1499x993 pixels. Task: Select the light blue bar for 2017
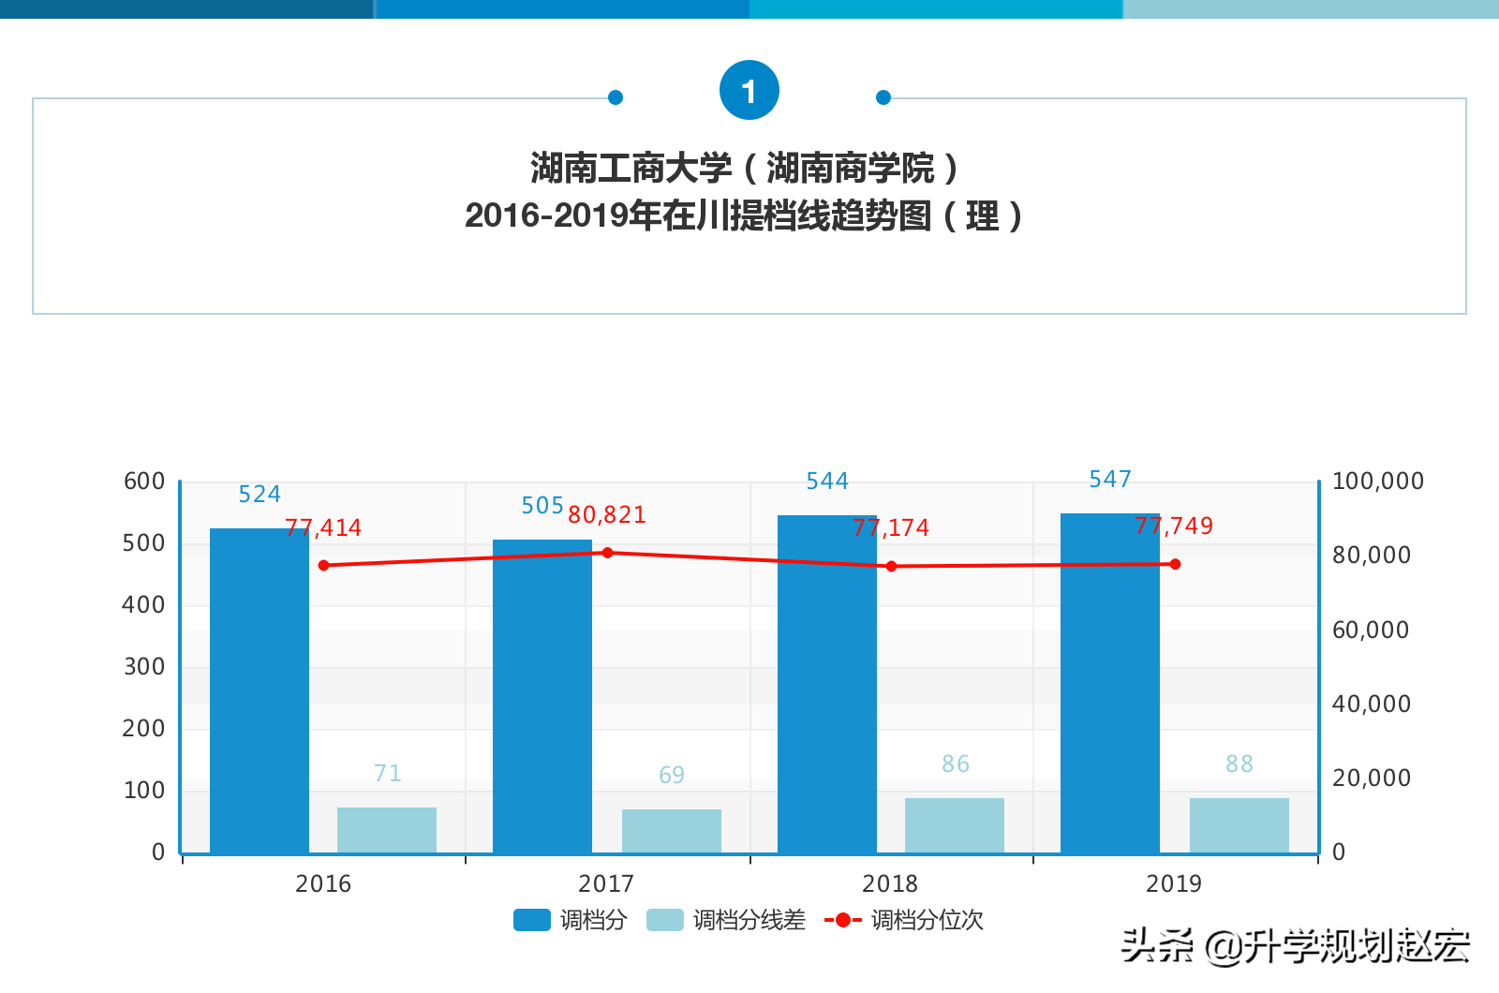click(672, 831)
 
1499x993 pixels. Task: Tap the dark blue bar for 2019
click(1110, 683)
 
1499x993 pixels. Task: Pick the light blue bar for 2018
click(955, 825)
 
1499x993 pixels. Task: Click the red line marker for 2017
click(607, 553)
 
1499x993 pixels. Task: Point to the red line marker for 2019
click(1175, 564)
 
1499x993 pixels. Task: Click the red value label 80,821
click(607, 515)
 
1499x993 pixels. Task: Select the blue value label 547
click(1110, 480)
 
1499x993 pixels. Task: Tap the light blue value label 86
click(956, 764)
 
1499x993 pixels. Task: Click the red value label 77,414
click(323, 528)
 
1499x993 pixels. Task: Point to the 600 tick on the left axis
click(144, 482)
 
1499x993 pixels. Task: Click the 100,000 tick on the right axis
click(1378, 482)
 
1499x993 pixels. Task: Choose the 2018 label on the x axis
click(890, 883)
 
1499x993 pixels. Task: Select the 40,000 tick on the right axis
click(1372, 704)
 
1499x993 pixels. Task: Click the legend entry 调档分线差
click(727, 920)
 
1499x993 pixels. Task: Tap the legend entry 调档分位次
click(905, 920)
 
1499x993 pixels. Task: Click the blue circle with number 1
click(749, 91)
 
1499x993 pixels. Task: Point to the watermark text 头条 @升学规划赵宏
click(1295, 946)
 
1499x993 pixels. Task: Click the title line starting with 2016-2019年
click(743, 216)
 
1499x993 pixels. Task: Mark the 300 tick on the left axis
click(144, 667)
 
